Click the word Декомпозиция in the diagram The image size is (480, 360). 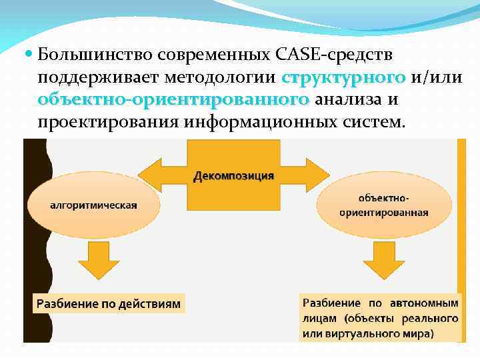233,176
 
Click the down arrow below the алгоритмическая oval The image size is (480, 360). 95,259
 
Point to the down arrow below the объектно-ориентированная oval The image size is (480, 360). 381,259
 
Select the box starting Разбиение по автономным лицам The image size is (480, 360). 380,317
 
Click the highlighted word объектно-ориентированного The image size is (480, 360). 173,100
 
